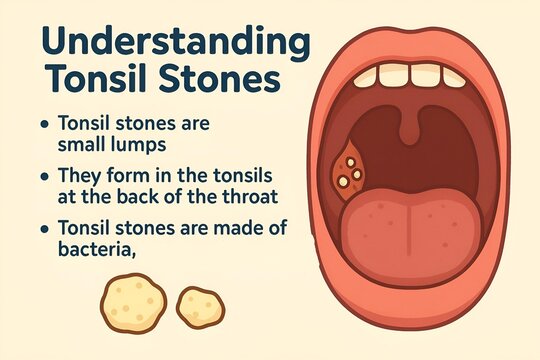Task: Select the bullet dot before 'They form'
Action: tap(43, 175)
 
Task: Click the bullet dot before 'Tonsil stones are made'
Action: tap(43, 229)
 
